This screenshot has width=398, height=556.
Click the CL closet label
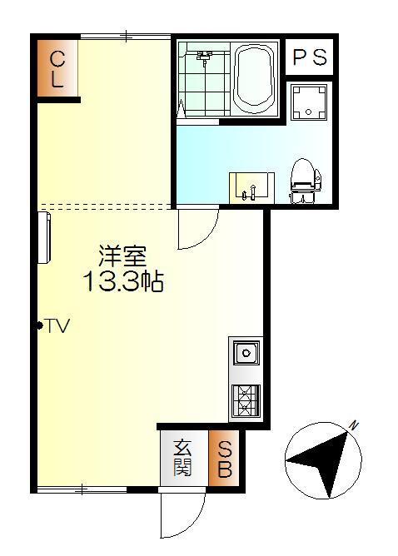tap(57, 69)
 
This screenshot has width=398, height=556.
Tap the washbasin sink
tap(249, 186)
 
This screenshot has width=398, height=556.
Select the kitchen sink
tap(246, 354)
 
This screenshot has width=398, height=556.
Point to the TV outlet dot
tap(39, 325)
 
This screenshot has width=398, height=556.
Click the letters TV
tap(57, 325)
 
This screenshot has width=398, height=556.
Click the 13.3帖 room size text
tap(122, 282)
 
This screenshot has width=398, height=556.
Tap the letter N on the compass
tap(354, 426)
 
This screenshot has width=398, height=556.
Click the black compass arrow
tap(321, 459)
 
